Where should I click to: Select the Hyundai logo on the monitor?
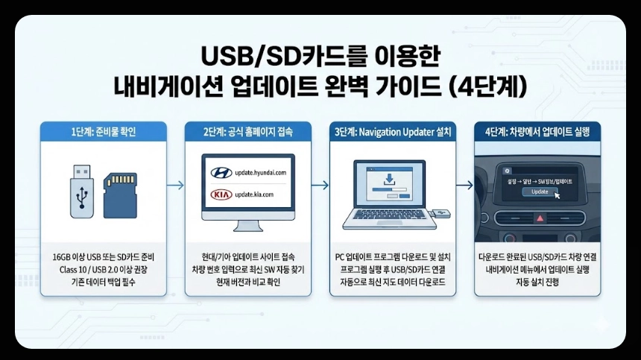pyautogui.click(x=221, y=173)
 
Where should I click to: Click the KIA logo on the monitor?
pyautogui.click(x=221, y=195)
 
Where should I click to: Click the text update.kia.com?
pyautogui.click(x=253, y=195)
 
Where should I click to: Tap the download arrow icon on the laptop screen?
pyautogui.click(x=388, y=180)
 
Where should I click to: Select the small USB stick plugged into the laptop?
pyautogui.click(x=442, y=214)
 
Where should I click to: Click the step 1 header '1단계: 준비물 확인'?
pyautogui.click(x=104, y=132)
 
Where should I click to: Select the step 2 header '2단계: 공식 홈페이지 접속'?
pyautogui.click(x=248, y=132)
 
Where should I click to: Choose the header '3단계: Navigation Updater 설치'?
pyautogui.click(x=392, y=132)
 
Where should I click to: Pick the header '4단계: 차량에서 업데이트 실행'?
pyautogui.click(x=537, y=132)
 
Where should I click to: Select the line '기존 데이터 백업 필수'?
pyautogui.click(x=104, y=282)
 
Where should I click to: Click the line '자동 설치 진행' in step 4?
pyautogui.click(x=537, y=282)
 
